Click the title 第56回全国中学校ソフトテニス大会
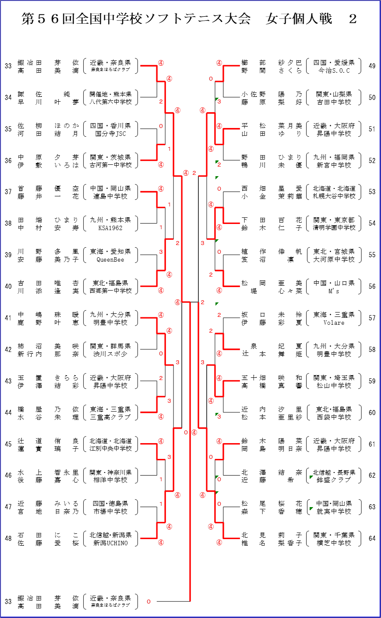136,19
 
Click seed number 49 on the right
372,66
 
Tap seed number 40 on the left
8,287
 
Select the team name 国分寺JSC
110,134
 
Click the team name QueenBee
110,259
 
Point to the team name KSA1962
110,228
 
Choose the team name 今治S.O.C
334,71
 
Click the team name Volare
334,323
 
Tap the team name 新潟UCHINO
110,543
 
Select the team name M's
334,291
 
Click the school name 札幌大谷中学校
334,196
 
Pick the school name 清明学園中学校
334,228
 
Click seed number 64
372,539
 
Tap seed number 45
8,444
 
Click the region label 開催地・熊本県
110,94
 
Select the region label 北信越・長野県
334,472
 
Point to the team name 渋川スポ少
110,354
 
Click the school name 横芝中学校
334,543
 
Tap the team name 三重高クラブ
110,417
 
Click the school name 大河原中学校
334,259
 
